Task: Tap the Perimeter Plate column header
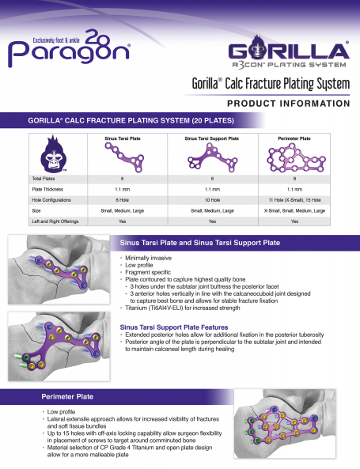[294, 138]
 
